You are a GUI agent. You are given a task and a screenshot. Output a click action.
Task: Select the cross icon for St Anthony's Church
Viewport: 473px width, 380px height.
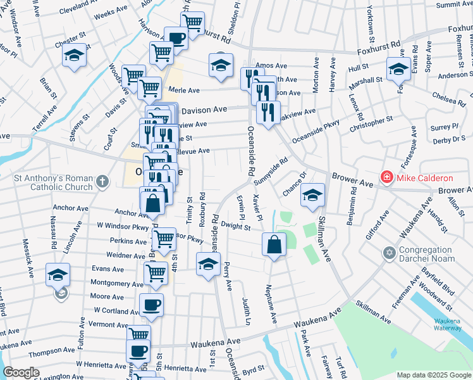101,184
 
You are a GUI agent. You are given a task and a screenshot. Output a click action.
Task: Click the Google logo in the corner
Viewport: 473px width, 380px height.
21,372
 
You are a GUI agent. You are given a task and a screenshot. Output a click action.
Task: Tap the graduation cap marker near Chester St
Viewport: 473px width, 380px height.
75,56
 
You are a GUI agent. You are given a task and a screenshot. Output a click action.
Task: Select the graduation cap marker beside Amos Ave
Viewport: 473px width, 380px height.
221,65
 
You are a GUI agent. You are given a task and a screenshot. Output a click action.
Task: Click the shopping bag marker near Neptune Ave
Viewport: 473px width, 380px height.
273,244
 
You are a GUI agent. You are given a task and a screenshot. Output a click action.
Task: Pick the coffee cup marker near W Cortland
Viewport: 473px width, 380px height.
152,305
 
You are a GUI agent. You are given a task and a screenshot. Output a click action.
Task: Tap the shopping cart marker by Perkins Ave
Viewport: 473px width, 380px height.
164,239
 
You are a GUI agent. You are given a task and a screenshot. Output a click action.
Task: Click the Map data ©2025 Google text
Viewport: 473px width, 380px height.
433,375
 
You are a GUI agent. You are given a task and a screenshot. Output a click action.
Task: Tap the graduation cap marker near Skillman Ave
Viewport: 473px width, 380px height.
312,196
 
